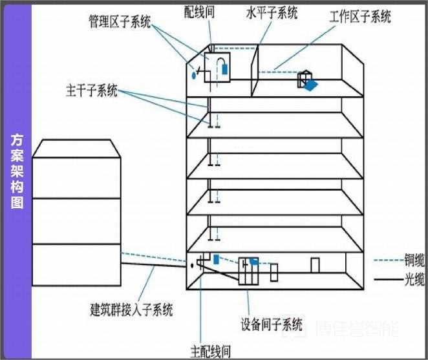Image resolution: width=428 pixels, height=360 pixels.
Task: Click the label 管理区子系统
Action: tap(120, 23)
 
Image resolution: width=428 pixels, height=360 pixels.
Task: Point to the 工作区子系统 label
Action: tap(360, 16)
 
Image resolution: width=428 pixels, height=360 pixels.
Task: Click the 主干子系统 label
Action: tap(92, 90)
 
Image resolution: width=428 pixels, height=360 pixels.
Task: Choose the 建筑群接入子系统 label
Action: tap(131, 309)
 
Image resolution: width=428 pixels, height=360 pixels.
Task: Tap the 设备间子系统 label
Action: tap(272, 323)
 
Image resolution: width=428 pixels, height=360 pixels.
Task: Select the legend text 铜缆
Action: tap(415, 260)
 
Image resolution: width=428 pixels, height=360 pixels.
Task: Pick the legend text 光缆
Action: tap(415, 279)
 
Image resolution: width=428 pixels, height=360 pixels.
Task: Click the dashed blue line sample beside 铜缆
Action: tap(387, 261)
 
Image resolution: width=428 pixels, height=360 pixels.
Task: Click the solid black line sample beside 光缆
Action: tap(387, 280)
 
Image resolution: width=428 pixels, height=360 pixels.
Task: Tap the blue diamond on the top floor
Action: tap(312, 85)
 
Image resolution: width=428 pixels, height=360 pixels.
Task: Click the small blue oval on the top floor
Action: tap(193, 76)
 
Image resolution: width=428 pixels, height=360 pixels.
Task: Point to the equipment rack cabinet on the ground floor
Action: tap(248, 272)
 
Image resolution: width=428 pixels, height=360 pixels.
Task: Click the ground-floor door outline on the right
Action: tap(315, 266)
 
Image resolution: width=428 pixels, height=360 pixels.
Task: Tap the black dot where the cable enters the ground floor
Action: tap(193, 265)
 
